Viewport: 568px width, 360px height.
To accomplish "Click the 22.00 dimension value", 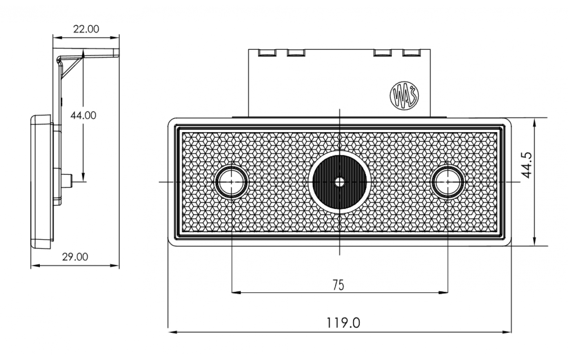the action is point(86,29).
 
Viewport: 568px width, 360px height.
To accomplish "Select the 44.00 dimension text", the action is point(83,116).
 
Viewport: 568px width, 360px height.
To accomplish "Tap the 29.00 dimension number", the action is point(75,257).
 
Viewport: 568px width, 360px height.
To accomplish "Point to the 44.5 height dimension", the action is point(526,166).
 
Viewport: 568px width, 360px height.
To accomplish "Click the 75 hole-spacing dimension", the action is point(339,285).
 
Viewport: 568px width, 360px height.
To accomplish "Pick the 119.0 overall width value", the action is point(343,323).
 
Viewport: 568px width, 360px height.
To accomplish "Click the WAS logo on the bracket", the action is point(404,95).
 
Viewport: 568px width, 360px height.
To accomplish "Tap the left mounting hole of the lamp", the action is point(231,182).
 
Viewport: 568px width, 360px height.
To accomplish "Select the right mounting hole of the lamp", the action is point(448,182).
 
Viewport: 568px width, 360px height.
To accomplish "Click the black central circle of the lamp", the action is point(340,182).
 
